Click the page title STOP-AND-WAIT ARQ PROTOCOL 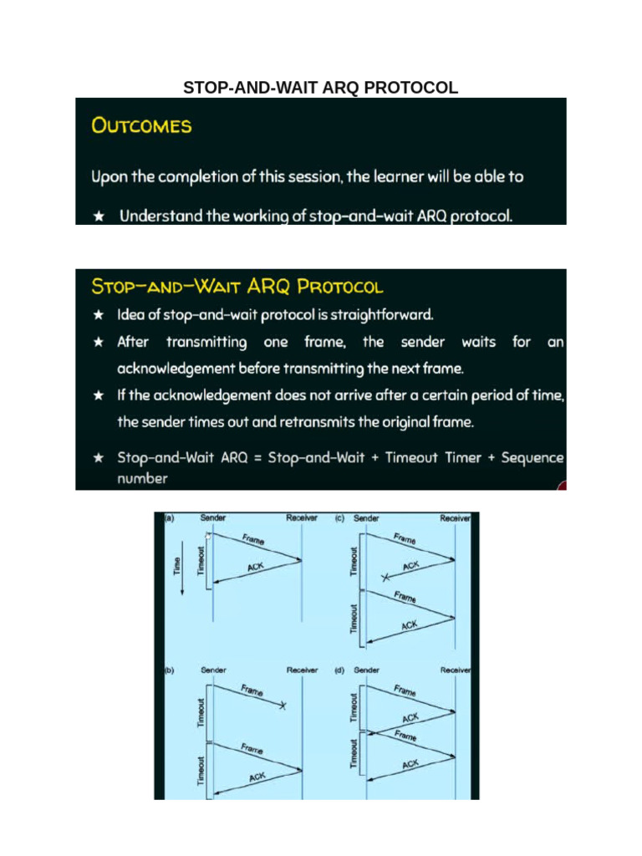pos(320,88)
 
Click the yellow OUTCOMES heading pos(141,126)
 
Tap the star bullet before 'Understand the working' pos(99,217)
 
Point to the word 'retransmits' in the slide pos(321,422)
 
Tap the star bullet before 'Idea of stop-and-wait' pos(99,316)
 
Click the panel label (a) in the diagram pos(167,518)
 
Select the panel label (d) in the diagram pos(339,670)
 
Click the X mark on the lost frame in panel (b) pos(283,707)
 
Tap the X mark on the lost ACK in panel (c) pos(385,578)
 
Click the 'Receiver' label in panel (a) pos(302,518)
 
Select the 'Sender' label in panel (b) pos(214,670)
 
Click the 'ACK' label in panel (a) pos(257,568)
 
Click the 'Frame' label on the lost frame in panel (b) pos(252,691)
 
